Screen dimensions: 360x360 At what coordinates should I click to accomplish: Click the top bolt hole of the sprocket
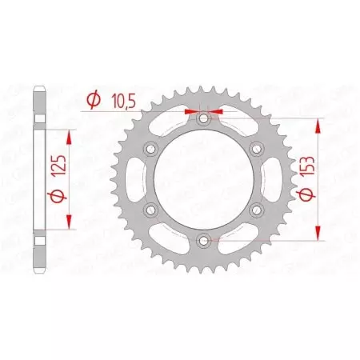pyautogui.click(x=204, y=118)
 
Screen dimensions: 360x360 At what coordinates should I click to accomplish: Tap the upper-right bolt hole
pyautogui.click(x=256, y=149)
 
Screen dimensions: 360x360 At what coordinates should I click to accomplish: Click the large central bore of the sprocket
pyautogui.click(x=204, y=178)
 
